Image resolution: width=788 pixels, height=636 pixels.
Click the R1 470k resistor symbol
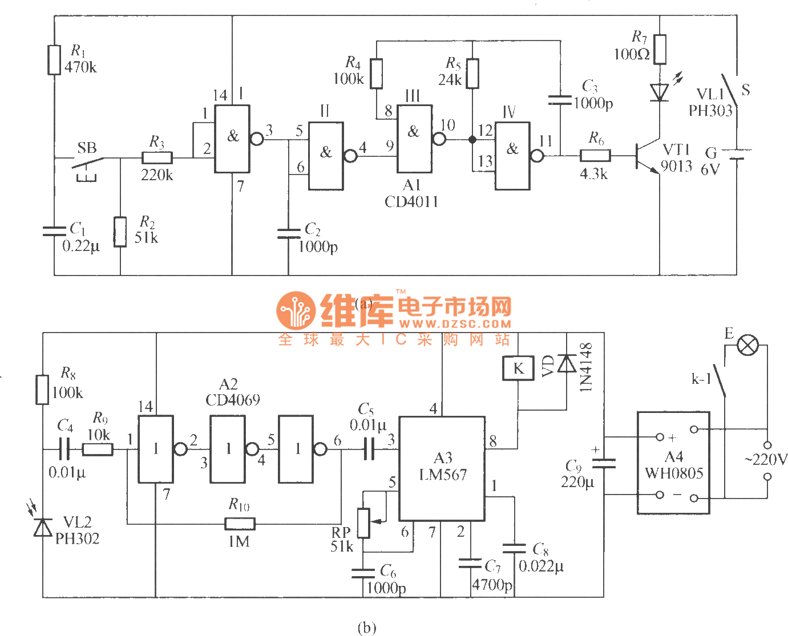[x=54, y=60]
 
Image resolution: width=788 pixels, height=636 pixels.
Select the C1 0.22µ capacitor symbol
[x=54, y=231]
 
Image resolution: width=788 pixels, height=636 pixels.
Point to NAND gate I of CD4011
[x=232, y=139]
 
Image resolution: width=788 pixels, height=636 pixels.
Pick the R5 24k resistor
[x=472, y=74]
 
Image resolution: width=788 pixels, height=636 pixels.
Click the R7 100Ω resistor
[x=660, y=49]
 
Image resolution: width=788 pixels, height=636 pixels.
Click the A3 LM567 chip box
[x=442, y=468]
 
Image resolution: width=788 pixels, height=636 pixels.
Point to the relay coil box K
[x=518, y=368]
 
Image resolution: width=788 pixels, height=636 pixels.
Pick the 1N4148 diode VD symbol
[x=567, y=363]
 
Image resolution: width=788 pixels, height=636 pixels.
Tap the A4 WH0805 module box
[x=673, y=463]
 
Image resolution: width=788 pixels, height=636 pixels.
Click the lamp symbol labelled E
[x=748, y=345]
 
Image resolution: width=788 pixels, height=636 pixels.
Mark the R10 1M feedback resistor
[x=240, y=523]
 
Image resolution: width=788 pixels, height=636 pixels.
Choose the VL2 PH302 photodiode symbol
[x=43, y=528]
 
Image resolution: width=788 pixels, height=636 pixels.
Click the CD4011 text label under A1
[x=411, y=202]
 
